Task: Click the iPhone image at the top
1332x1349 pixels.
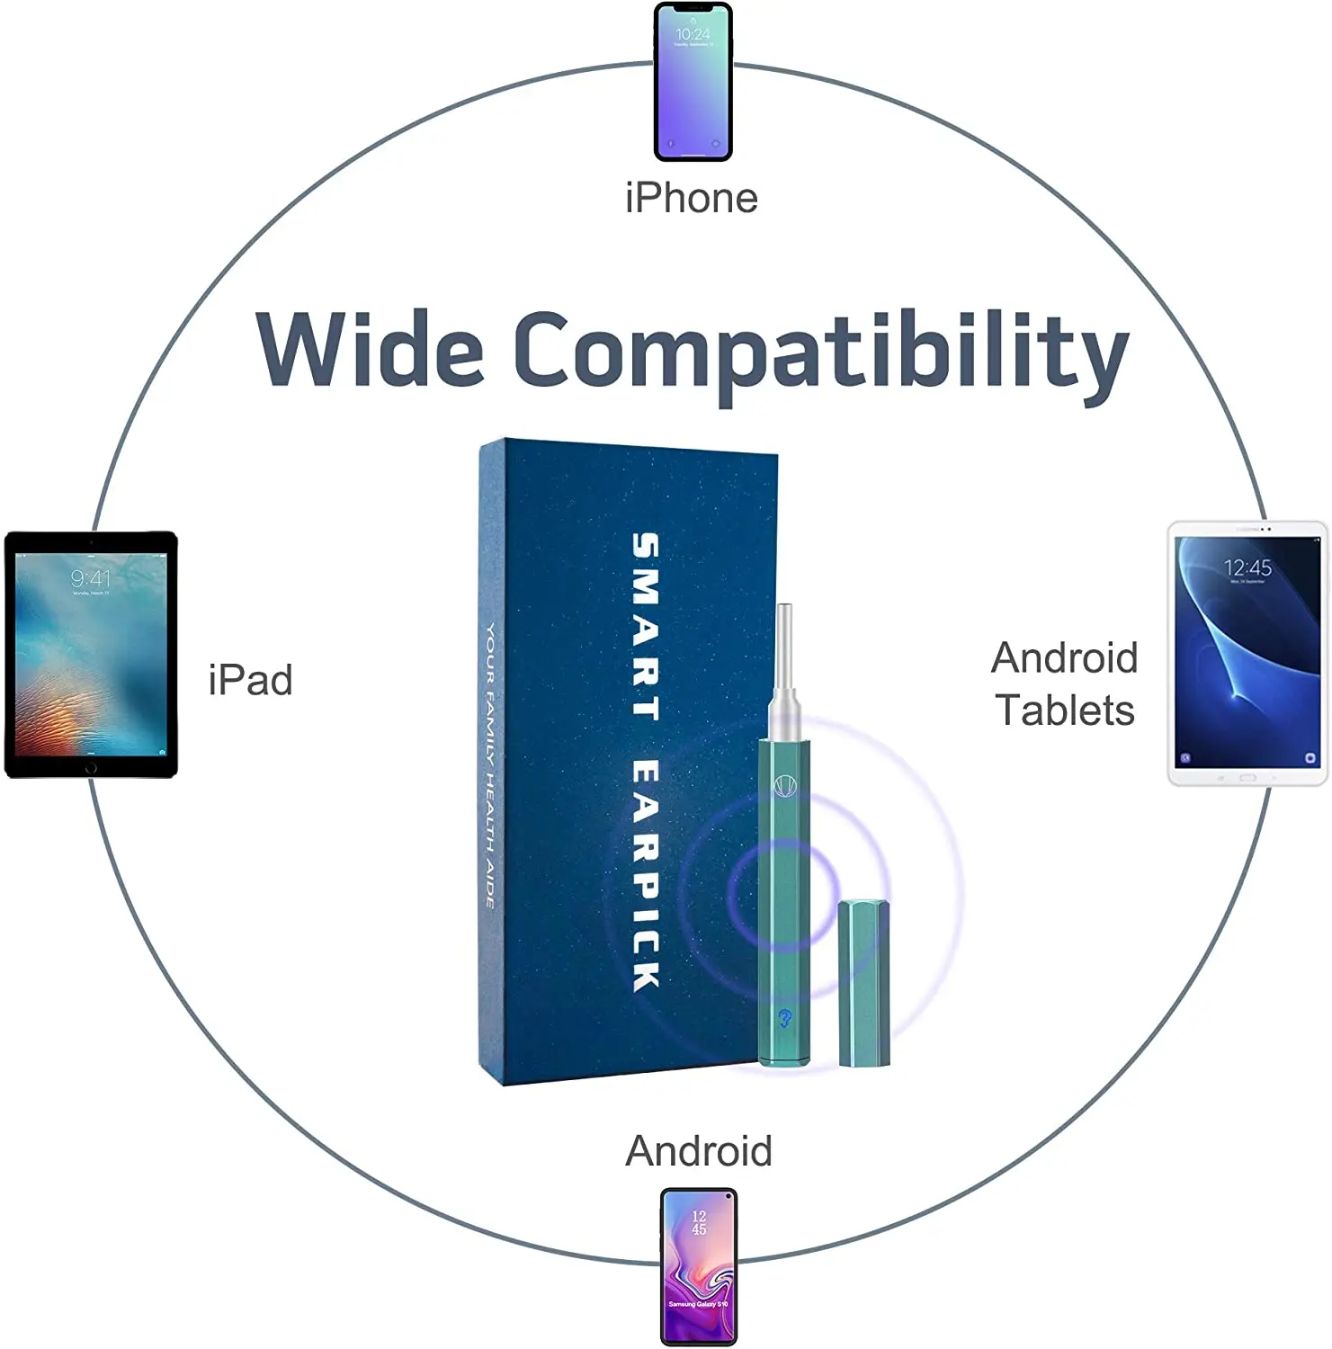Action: point(693,82)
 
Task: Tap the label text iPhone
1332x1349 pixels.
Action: point(691,199)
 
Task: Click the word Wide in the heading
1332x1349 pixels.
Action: point(370,350)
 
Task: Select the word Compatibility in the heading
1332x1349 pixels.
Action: point(820,353)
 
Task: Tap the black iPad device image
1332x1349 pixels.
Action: point(91,654)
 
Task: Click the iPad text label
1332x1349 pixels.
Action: point(250,681)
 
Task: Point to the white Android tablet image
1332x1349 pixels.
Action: point(1247,655)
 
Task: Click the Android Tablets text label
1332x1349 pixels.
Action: point(1065,684)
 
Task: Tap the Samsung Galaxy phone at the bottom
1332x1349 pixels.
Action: point(699,1266)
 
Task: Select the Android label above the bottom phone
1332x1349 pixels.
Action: point(699,1151)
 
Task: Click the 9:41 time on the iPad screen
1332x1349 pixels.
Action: point(90,578)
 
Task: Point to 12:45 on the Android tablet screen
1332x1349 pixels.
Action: point(1247,567)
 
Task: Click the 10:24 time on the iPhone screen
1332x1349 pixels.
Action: point(693,34)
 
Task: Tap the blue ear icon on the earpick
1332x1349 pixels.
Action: point(784,1018)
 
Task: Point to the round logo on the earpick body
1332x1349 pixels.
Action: point(785,785)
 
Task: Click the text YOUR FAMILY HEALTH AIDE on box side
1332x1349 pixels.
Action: point(490,764)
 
